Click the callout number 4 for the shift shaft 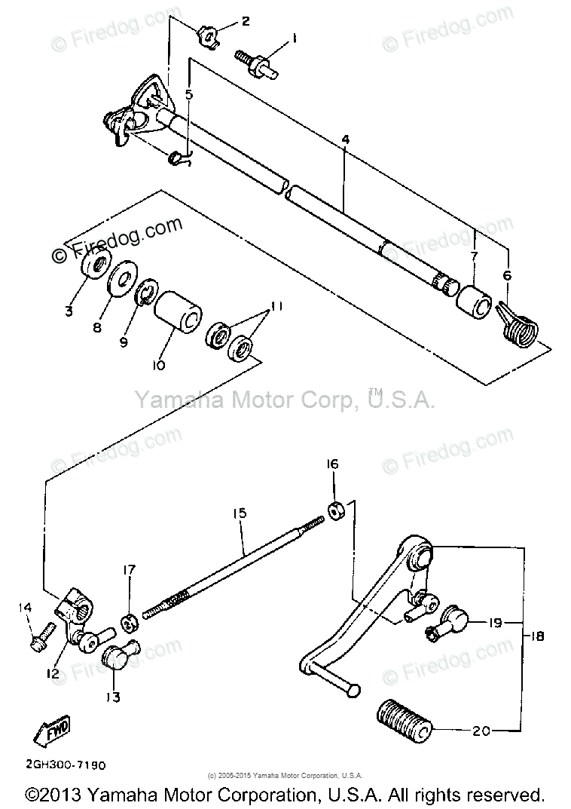pyautogui.click(x=345, y=140)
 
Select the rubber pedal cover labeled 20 pyautogui.click(x=405, y=719)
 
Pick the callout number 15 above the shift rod pyautogui.click(x=240, y=513)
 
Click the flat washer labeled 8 pyautogui.click(x=121, y=282)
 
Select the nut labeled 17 pyautogui.click(x=129, y=624)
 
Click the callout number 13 pyautogui.click(x=112, y=697)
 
